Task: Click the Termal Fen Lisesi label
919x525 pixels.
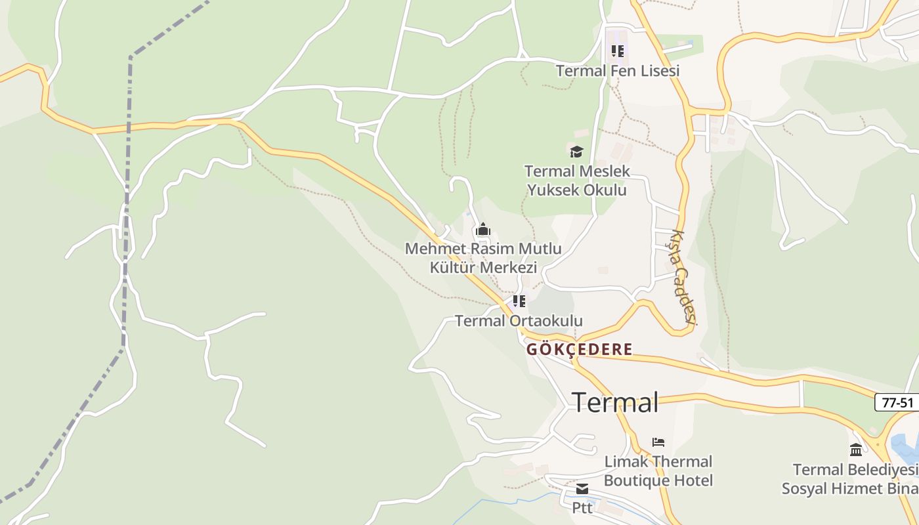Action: [618, 71]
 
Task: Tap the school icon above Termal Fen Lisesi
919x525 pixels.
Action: [618, 51]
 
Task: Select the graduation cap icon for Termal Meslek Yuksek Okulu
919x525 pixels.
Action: [576, 152]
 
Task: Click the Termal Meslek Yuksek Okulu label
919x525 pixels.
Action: [577, 180]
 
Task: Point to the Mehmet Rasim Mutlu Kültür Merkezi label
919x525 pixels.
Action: [483, 258]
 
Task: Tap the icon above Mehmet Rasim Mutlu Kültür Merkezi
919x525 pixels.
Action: [483, 229]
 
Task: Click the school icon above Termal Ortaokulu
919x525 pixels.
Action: [519, 301]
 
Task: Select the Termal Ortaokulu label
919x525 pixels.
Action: [519, 321]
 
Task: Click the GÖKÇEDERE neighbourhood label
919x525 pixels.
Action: [580, 349]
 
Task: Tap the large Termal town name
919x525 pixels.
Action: [615, 402]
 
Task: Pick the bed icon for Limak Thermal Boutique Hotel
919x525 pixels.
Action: [658, 442]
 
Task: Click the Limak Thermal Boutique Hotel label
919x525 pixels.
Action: [658, 471]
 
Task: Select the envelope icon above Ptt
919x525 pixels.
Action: [582, 489]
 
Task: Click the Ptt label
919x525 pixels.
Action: [582, 508]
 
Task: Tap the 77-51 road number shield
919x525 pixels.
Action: [897, 402]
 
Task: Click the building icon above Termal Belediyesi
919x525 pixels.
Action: [856, 450]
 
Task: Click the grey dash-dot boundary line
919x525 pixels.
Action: [127, 197]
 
